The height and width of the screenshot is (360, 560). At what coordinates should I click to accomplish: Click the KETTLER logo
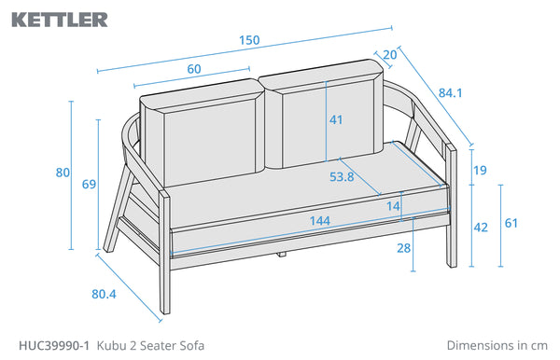[60, 20]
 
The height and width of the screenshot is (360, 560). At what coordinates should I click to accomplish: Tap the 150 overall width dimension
[249, 40]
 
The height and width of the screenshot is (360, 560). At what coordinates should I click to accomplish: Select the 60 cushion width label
[194, 69]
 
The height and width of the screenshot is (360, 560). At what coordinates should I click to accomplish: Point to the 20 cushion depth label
[389, 55]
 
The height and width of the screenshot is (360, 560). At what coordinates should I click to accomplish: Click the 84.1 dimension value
[451, 92]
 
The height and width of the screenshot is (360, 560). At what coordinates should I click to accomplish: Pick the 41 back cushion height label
[336, 119]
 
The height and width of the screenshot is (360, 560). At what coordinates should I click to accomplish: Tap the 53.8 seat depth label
[342, 176]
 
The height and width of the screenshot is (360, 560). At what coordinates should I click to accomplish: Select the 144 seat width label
[320, 221]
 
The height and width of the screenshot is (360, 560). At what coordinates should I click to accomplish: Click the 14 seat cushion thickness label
[393, 206]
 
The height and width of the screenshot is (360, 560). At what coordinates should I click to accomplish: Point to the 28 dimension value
[403, 248]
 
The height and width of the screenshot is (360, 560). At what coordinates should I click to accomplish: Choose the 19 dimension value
[480, 170]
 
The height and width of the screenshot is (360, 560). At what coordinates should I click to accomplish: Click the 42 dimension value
[481, 228]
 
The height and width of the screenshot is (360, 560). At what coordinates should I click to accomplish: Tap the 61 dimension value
[511, 223]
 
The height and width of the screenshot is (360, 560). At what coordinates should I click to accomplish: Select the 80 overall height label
[63, 173]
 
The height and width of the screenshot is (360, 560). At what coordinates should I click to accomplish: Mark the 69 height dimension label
[89, 184]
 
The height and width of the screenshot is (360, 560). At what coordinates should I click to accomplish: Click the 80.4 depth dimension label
[104, 294]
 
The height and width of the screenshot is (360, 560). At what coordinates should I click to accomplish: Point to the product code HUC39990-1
[54, 345]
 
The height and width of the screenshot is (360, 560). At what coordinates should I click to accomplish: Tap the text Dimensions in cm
[497, 345]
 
